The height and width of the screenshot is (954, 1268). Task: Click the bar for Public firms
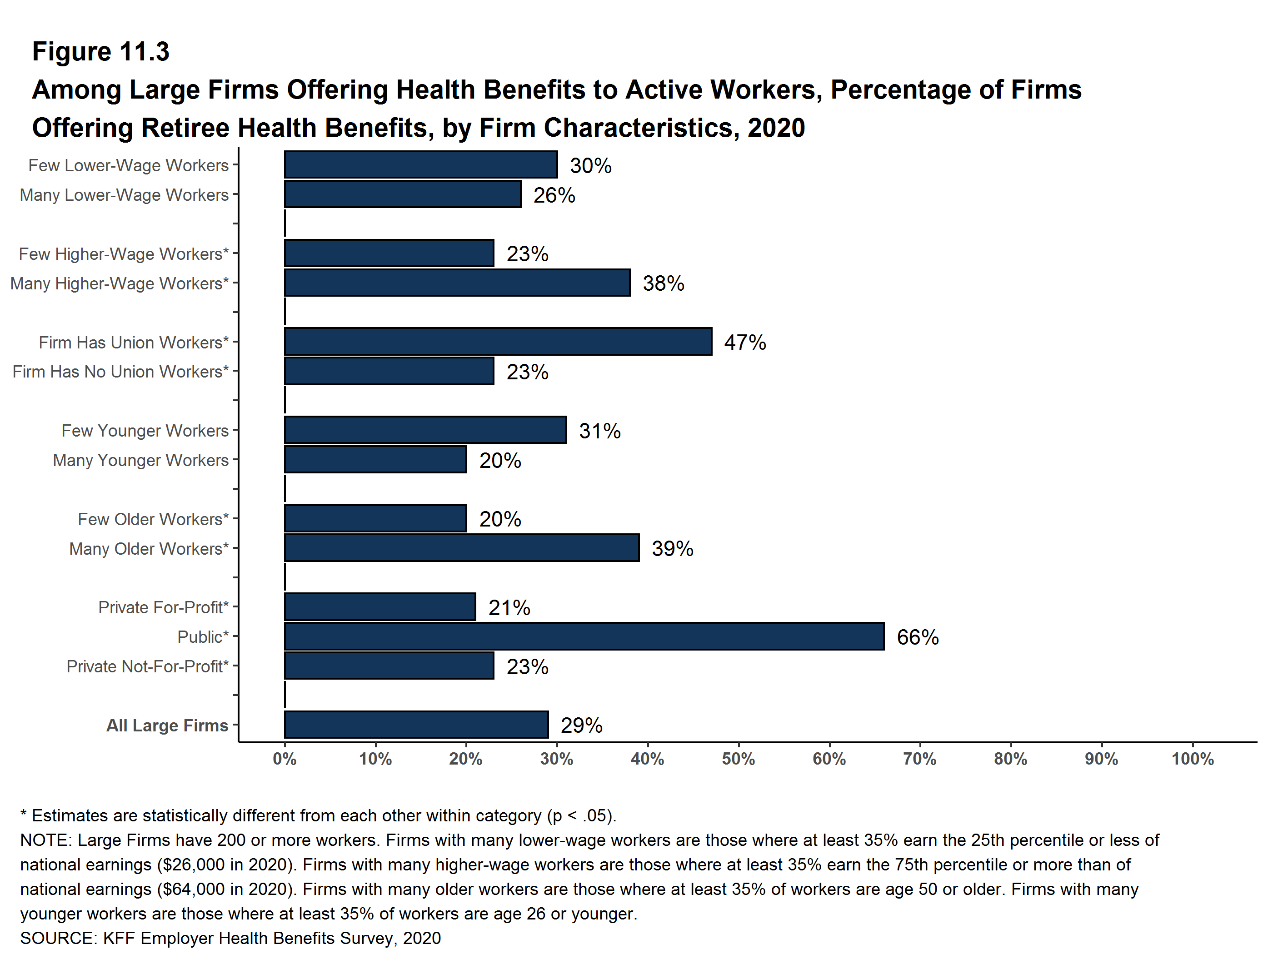(584, 636)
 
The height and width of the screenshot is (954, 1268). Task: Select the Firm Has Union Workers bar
(498, 342)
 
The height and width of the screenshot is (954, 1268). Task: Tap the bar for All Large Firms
(416, 725)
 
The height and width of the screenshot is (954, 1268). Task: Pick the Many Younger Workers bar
(375, 460)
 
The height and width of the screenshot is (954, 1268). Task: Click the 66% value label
(917, 637)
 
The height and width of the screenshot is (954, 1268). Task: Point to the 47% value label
(744, 342)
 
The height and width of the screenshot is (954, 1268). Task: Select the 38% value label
(663, 283)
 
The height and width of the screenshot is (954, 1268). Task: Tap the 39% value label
(673, 548)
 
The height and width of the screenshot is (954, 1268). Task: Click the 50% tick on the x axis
(739, 759)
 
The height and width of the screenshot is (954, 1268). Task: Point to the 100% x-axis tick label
(1193, 759)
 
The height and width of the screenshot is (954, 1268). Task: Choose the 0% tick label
(285, 759)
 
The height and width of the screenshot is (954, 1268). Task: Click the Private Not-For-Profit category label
(147, 666)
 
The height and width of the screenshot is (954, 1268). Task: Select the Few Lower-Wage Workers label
(129, 166)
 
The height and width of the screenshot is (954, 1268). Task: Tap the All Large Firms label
(167, 725)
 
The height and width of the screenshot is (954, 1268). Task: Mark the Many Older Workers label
(149, 548)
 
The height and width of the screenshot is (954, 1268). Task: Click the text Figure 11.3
(101, 52)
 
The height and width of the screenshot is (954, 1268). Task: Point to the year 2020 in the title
(776, 127)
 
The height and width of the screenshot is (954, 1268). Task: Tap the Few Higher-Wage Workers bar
(389, 253)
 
